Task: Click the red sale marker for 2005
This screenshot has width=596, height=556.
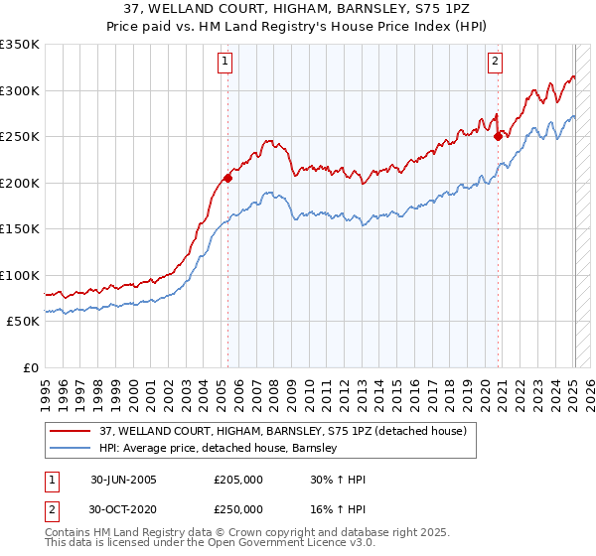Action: [227, 179]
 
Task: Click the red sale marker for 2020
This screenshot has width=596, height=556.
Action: [498, 137]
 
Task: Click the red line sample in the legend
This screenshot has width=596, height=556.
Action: [71, 431]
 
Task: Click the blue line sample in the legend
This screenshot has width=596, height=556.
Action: [71, 449]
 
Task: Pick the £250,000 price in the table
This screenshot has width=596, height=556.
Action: [238, 508]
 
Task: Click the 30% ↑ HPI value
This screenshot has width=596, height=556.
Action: [338, 480]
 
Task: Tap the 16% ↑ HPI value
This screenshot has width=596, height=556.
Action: [338, 508]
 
